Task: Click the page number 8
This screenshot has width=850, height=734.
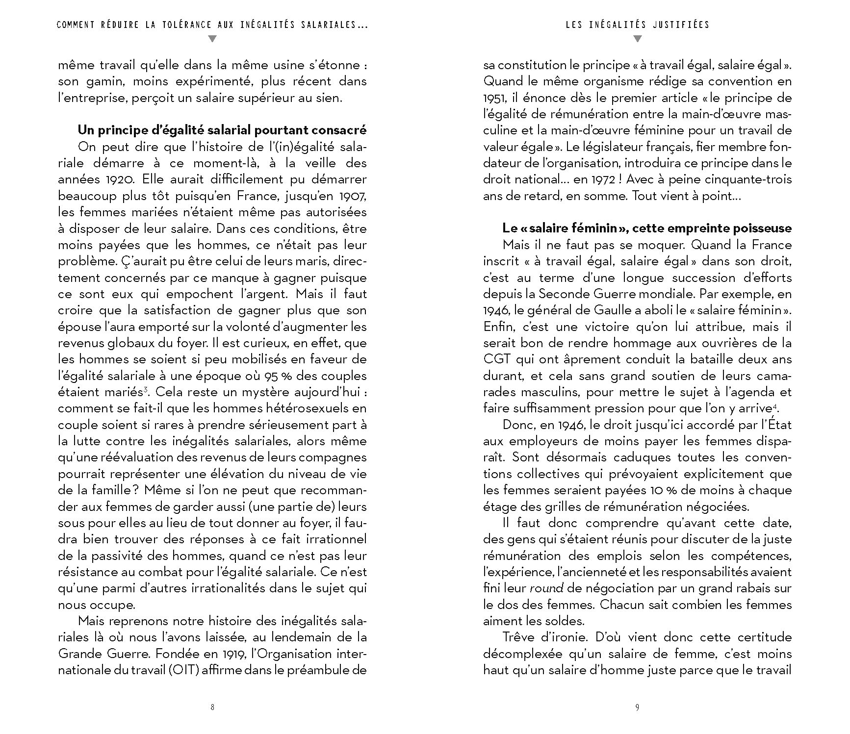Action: coord(212,707)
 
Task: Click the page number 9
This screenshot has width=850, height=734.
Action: coord(637,707)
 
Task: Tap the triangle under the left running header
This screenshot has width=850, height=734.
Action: coord(212,39)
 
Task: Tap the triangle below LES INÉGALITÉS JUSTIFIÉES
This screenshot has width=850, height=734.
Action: coord(637,39)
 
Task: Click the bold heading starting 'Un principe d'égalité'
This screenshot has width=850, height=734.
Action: coord(222,130)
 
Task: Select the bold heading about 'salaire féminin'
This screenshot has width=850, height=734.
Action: coord(647,228)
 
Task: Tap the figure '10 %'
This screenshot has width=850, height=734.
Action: coord(651,490)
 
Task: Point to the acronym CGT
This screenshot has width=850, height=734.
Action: coord(497,359)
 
